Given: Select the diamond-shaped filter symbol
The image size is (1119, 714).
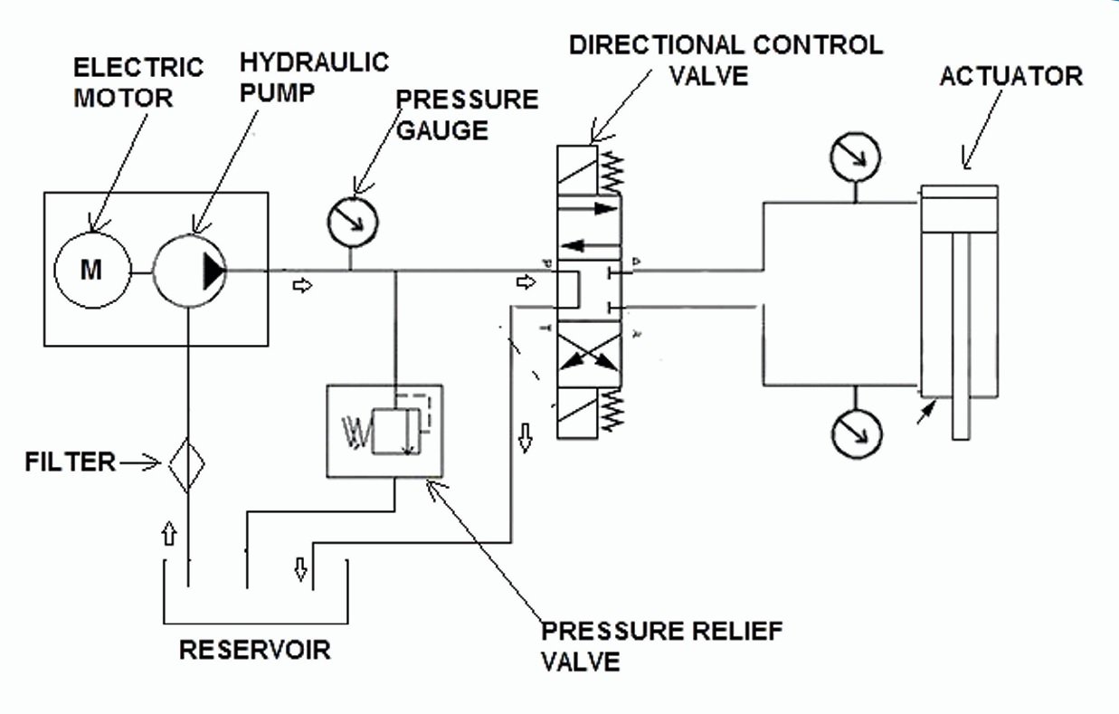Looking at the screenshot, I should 185,463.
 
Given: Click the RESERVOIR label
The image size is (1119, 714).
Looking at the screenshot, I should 254,650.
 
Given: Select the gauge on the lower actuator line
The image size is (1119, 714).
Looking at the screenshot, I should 856,433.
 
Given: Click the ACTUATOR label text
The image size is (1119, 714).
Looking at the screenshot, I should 1010,76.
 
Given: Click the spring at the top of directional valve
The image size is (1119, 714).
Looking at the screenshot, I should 612,168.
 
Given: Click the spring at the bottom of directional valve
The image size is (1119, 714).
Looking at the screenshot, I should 612,413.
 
